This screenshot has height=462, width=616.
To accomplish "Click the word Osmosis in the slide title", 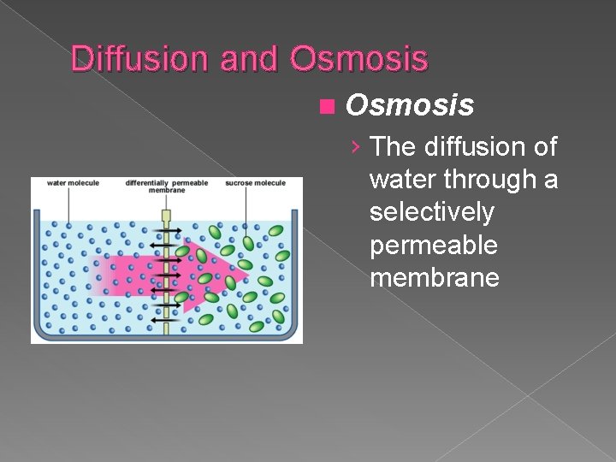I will [x=358, y=58].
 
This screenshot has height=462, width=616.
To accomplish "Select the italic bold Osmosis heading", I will [x=409, y=105].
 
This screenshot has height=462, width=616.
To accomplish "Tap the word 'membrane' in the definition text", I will [x=435, y=277].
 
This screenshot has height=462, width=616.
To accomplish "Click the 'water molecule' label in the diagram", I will [x=73, y=182].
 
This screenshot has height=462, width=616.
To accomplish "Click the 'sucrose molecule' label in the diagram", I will [x=255, y=182].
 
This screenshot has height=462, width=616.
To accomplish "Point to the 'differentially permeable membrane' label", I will [x=166, y=186].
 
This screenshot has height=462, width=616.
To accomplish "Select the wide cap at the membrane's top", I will [x=167, y=215].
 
